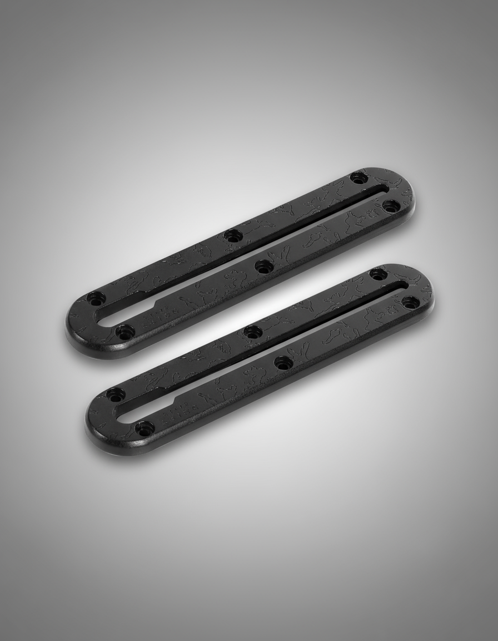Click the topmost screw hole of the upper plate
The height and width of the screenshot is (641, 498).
point(358,179)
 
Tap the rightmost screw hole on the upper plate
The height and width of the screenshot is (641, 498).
point(391,206)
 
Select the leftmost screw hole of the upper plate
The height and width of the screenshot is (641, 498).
point(96,299)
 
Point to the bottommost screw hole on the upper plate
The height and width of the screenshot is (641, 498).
point(125,332)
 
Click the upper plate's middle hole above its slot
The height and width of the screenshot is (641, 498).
point(232,235)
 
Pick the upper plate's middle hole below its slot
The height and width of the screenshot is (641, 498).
point(263,266)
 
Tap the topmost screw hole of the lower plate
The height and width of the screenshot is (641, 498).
point(377,274)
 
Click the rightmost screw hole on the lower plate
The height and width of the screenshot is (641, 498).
point(410,302)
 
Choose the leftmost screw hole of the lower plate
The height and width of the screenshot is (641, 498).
point(116,395)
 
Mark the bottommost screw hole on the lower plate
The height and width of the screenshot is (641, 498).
point(145,428)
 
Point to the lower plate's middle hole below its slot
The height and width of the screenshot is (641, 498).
point(283,363)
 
